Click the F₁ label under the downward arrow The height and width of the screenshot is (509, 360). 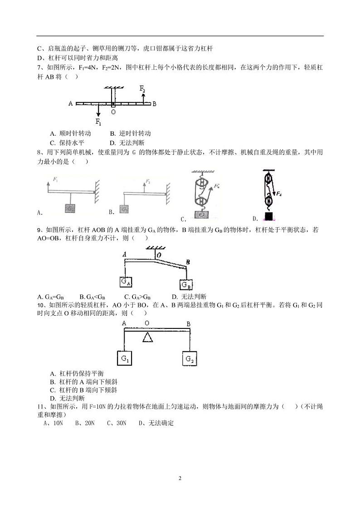click(x=98, y=122)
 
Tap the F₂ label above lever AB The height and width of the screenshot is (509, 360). click(x=142, y=88)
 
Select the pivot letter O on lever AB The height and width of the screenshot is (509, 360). click(x=113, y=112)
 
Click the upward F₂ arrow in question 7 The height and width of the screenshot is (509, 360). click(x=144, y=98)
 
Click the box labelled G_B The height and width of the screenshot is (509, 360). click(x=186, y=284)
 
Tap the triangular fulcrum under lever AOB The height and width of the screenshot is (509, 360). click(x=147, y=337)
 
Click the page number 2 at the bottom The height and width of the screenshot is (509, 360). click(x=180, y=478)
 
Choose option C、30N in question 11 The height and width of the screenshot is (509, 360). click(x=117, y=423)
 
